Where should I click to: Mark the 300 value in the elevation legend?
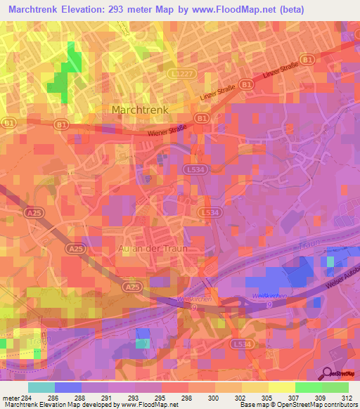coord(200,397)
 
